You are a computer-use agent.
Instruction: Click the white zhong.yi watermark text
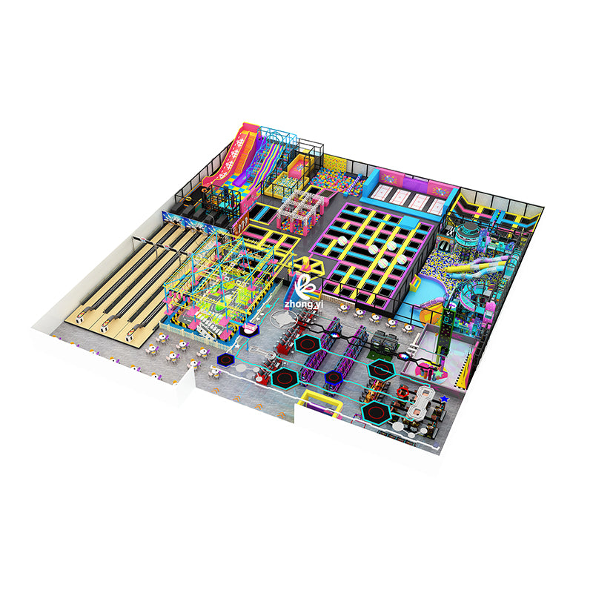[304, 304]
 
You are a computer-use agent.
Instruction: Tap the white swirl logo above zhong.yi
[307, 286]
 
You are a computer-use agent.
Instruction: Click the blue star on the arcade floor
[444, 399]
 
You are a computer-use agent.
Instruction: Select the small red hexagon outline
[402, 392]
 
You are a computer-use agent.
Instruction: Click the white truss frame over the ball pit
[300, 209]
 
